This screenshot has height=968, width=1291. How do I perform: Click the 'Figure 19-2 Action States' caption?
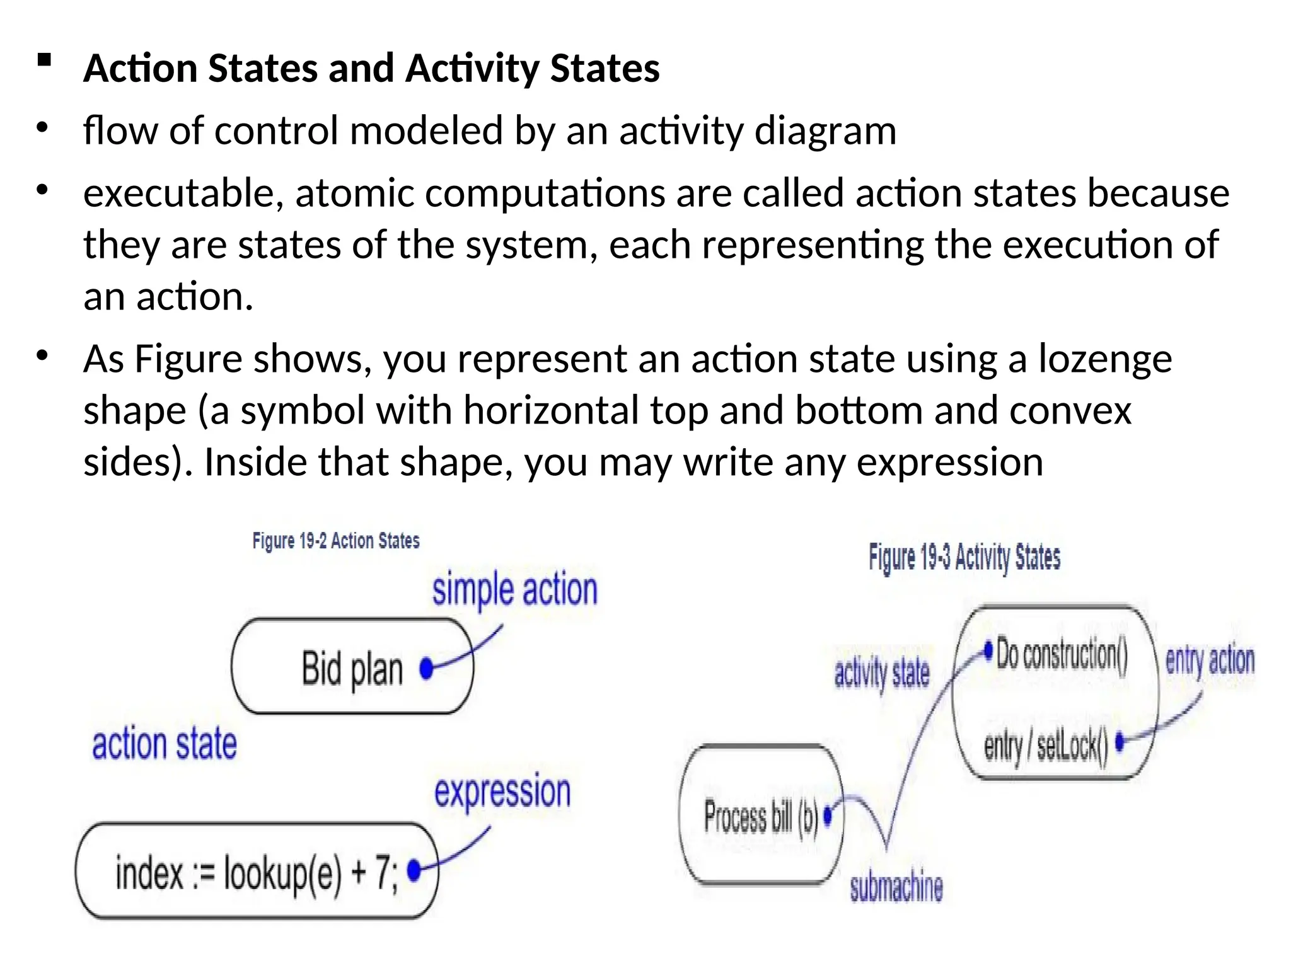pos(336,541)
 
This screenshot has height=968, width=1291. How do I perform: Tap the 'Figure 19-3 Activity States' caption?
pos(964,557)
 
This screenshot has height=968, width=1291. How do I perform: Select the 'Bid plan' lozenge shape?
pos(352,667)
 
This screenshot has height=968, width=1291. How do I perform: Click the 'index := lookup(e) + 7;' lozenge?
pos(256,872)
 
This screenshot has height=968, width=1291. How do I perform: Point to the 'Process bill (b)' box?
pos(760,815)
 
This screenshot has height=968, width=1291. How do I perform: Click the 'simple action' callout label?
pos(514,590)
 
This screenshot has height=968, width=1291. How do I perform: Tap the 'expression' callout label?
pos(502,792)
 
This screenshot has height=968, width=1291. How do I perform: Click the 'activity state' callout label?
pos(882,673)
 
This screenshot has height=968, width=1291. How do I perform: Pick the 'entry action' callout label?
pos(1210,660)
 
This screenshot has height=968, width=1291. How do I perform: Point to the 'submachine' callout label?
pos(896,887)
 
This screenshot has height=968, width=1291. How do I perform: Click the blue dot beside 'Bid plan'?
pos(427,668)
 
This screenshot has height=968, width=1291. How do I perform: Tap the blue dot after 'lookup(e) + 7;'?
pos(414,870)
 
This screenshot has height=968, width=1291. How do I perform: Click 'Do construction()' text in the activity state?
pos(1062,654)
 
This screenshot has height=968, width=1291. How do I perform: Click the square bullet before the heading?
pos(44,60)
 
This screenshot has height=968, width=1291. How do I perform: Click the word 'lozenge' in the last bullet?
pos(1105,359)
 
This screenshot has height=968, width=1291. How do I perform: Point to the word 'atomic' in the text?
pos(354,193)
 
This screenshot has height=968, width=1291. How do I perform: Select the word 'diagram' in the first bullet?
pos(825,131)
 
